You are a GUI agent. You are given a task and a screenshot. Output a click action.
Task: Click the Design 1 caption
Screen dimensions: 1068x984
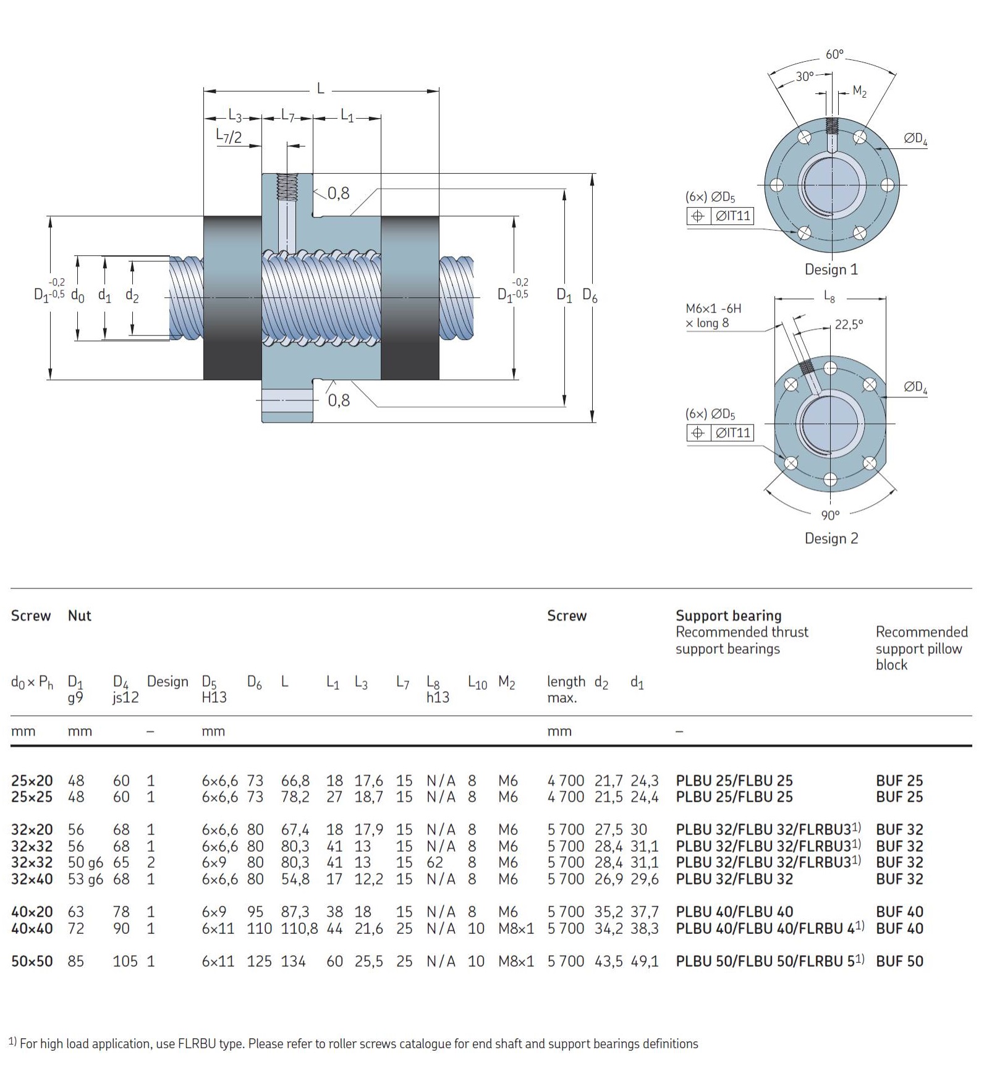[x=831, y=269]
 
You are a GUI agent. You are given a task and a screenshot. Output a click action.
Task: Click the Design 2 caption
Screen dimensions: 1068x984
[x=831, y=538]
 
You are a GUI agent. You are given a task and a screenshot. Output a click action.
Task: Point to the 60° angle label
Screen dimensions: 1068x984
[x=834, y=54]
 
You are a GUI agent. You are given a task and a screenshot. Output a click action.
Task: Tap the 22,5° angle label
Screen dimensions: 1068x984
[x=849, y=324]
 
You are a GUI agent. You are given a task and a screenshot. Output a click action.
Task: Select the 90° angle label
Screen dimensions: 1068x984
[x=830, y=515]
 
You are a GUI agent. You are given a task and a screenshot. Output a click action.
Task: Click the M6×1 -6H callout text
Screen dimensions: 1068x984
[x=713, y=308]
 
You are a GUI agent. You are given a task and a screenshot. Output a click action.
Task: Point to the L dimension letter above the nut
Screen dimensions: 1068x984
[x=320, y=89]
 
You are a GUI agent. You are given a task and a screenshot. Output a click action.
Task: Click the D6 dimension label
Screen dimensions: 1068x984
[x=590, y=296]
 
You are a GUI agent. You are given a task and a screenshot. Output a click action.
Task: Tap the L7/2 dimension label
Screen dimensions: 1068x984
[x=229, y=136]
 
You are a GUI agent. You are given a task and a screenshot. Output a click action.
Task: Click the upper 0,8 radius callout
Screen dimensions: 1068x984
[x=338, y=193]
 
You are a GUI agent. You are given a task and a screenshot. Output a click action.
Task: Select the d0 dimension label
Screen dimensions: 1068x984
[x=77, y=295]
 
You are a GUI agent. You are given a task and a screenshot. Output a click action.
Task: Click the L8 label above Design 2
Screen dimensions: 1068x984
[x=829, y=297]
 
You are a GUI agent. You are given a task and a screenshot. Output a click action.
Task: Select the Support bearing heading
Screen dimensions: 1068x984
[x=728, y=616]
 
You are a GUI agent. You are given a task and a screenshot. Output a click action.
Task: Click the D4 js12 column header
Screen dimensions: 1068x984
[x=125, y=689]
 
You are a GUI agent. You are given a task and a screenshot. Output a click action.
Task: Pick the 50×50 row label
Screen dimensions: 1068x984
[x=32, y=961]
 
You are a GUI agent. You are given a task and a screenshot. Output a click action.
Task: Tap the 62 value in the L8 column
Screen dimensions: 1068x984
[x=435, y=862]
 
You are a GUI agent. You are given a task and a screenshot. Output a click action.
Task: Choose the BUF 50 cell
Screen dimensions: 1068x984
[x=899, y=961]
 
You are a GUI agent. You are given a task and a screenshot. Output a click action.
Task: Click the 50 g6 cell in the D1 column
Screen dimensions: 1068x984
[x=85, y=862]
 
